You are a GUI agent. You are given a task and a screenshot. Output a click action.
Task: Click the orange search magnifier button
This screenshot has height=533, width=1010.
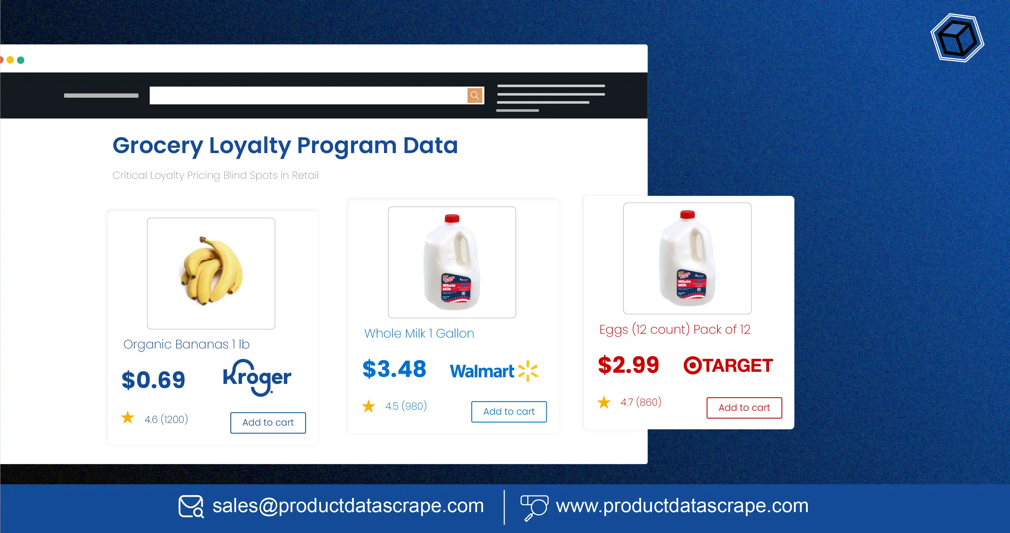click(474, 95)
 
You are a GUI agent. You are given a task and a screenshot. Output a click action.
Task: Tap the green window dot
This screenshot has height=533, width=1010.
click(21, 60)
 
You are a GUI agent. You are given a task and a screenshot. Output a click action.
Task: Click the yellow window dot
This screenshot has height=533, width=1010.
click(10, 60)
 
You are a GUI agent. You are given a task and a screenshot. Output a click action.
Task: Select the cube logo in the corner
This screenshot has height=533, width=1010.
click(957, 38)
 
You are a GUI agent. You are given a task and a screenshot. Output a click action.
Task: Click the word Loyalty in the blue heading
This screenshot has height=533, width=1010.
click(250, 146)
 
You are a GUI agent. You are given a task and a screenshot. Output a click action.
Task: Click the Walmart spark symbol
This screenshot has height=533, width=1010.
click(528, 371)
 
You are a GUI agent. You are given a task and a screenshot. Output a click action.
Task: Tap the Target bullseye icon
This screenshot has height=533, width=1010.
click(692, 365)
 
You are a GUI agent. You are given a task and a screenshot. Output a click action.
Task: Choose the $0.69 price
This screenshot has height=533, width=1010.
click(153, 380)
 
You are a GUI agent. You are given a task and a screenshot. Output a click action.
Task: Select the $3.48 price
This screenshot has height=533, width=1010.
click(394, 369)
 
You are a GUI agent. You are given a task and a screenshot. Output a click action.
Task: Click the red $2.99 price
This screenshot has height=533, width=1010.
click(628, 365)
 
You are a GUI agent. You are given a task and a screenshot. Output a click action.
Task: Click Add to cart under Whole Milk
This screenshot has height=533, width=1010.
click(508, 411)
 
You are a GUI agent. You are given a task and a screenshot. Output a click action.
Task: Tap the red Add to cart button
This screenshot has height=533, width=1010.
click(744, 407)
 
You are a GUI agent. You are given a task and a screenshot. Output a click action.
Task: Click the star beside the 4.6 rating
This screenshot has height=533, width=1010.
click(128, 418)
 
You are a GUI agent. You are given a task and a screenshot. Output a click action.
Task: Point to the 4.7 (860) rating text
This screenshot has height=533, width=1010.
click(641, 402)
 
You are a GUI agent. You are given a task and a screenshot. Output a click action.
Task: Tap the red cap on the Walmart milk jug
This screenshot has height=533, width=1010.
click(452, 218)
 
